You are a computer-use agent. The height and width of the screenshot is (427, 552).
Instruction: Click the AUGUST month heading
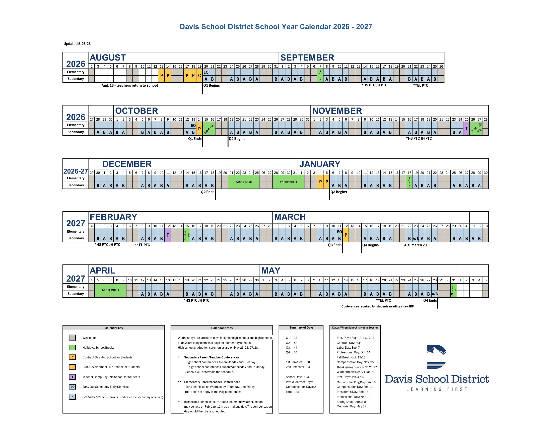click(x=108, y=58)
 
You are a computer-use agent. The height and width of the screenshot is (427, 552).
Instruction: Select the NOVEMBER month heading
click(x=337, y=111)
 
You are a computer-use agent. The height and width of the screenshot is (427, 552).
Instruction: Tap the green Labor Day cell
click(x=320, y=75)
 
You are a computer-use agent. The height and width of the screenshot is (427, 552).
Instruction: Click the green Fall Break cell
click(x=209, y=129)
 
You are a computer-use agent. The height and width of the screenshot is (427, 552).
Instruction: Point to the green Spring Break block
click(x=110, y=290)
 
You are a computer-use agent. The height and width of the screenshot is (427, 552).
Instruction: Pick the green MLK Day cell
click(x=409, y=182)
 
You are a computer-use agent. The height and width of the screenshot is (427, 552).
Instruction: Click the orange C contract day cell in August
click(x=200, y=75)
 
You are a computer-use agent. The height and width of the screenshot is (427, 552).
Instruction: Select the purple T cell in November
click(x=467, y=129)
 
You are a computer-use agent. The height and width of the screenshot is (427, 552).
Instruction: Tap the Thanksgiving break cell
click(x=476, y=129)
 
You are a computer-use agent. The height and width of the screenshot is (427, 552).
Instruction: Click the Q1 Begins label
click(x=212, y=85)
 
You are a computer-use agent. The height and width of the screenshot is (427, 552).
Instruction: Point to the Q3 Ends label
click(x=335, y=245)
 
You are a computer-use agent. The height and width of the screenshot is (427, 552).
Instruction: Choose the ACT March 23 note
click(x=415, y=245)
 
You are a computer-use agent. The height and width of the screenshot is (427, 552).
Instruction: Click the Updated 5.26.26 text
click(x=77, y=44)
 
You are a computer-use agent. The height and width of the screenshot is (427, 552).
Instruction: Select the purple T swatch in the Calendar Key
click(x=73, y=377)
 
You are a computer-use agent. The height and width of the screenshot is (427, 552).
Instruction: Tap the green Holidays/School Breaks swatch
click(x=73, y=348)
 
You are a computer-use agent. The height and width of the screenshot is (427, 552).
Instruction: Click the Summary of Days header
click(x=301, y=328)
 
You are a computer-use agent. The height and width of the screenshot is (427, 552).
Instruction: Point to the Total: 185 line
click(x=292, y=392)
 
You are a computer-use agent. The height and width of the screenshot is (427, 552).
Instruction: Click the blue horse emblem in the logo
click(x=437, y=350)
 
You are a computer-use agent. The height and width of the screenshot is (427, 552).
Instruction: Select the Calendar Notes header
click(x=222, y=328)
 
